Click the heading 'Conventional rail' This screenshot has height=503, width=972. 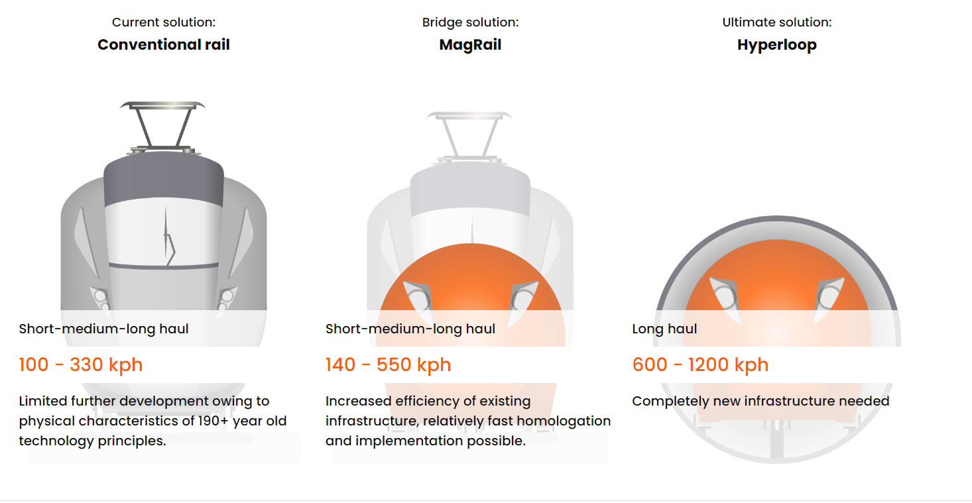164,44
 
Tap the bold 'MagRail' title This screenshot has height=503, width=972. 470,45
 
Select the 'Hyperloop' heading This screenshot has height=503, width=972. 776,45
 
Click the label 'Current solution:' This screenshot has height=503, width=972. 164,22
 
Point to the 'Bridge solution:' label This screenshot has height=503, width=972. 470,22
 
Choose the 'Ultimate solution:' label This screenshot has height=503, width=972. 776,22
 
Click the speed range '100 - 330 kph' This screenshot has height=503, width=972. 81,364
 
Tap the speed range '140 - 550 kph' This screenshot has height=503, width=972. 389,364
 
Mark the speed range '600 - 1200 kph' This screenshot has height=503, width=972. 700,364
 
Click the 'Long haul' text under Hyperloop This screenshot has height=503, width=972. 664,329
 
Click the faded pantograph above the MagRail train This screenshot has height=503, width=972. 469,137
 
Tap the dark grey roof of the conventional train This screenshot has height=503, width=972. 164,178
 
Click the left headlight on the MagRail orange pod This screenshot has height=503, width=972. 418,299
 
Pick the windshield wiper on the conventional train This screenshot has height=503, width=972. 169,237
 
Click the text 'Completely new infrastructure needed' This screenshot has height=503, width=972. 760,401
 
